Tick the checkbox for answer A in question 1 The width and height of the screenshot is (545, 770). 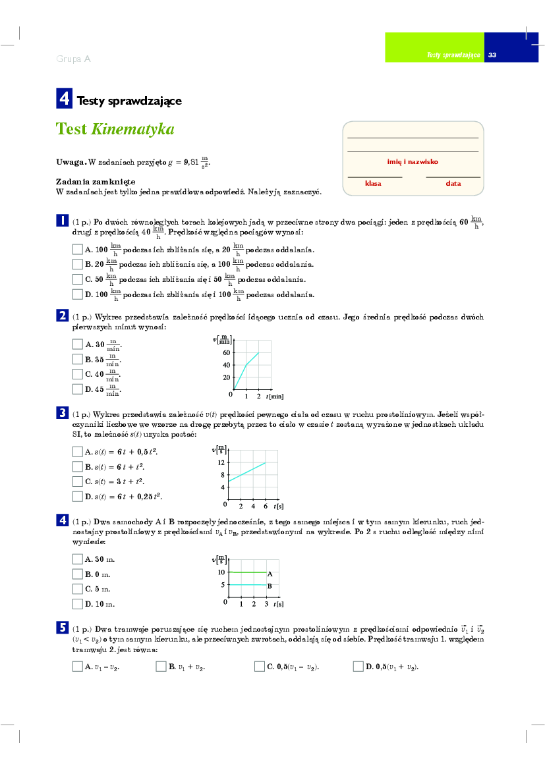tap(77, 250)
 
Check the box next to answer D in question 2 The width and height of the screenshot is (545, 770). tap(77, 389)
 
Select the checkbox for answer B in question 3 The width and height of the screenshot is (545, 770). tap(77, 466)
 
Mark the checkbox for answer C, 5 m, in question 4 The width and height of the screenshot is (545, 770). tap(77, 589)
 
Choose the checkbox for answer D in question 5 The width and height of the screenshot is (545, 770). tap(359, 667)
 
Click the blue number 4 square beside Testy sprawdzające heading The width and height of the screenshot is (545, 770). tap(64, 99)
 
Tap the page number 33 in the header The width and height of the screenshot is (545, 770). tap(492, 55)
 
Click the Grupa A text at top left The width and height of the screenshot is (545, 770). tap(73, 59)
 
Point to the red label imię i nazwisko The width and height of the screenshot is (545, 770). tap(413, 161)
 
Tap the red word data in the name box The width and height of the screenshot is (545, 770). tap(453, 184)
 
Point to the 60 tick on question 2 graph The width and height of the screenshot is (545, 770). tap(225, 353)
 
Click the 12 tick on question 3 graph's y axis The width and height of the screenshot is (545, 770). tap(222, 462)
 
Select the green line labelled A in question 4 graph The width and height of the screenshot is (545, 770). tap(247, 572)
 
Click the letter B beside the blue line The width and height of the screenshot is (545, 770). tap(270, 586)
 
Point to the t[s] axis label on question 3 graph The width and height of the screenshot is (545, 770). tap(278, 506)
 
